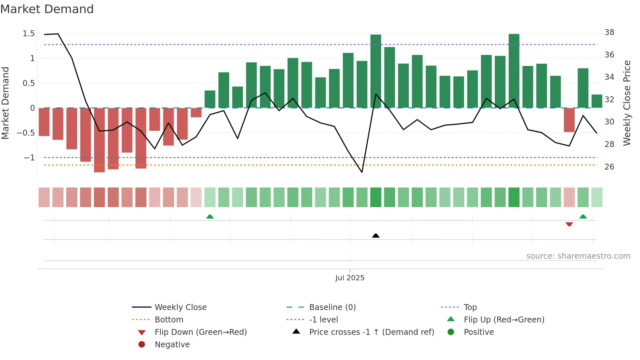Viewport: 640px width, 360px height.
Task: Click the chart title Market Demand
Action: pyautogui.click(x=47, y=9)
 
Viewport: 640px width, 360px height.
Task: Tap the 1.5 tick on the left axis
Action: pyautogui.click(x=28, y=33)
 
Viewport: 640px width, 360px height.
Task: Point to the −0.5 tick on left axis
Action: pyautogui.click(x=26, y=133)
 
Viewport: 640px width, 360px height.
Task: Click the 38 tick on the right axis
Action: pyautogui.click(x=609, y=32)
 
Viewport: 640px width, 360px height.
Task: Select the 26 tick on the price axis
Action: pyautogui.click(x=609, y=167)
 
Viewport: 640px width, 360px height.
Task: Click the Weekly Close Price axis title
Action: pyautogui.click(x=627, y=103)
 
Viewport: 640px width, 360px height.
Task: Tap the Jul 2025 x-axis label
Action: pyautogui.click(x=350, y=278)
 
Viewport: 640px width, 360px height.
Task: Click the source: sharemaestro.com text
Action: pyautogui.click(x=578, y=256)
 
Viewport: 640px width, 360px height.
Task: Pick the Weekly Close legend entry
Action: pyautogui.click(x=180, y=307)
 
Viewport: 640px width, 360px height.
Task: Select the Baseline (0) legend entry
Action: pyautogui.click(x=332, y=307)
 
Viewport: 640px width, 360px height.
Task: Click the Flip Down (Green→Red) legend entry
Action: pyautogui.click(x=200, y=332)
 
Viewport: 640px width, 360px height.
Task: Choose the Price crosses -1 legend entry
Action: pyautogui.click(x=371, y=332)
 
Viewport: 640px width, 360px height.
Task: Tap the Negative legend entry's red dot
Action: pyautogui.click(x=142, y=344)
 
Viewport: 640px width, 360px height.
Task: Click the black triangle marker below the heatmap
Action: pyautogui.click(x=376, y=236)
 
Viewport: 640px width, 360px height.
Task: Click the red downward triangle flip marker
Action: pyautogui.click(x=569, y=224)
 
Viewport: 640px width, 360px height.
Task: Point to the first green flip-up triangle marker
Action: pyautogui.click(x=210, y=217)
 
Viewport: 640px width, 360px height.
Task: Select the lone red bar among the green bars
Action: pyautogui.click(x=569, y=120)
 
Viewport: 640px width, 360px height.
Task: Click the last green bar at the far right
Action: pyautogui.click(x=597, y=101)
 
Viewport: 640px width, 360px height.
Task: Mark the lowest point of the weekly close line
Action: pyautogui.click(x=362, y=172)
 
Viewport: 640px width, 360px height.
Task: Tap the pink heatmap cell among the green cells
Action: pyautogui.click(x=569, y=197)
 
